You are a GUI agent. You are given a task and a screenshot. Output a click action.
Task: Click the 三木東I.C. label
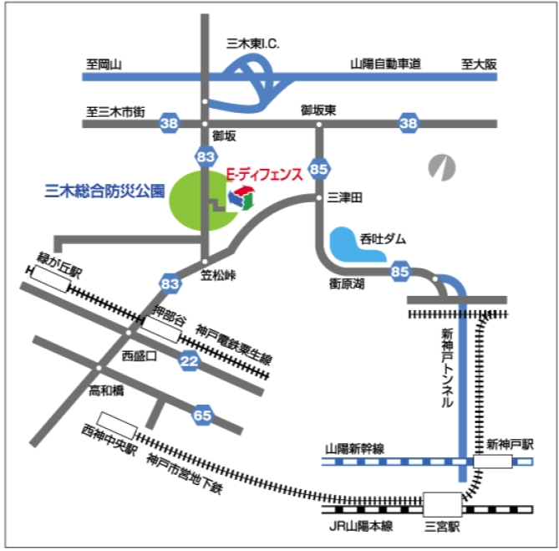tap(255, 42)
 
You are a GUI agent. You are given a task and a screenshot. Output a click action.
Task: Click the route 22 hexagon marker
tap(189, 360)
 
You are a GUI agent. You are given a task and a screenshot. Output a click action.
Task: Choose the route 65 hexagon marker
tap(202, 414)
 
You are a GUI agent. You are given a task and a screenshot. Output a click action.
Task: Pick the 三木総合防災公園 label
tap(104, 191)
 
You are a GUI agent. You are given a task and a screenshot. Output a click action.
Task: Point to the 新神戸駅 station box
tap(492, 462)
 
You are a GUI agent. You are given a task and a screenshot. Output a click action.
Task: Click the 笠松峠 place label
tap(220, 274)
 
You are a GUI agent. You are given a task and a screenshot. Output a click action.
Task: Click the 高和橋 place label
tap(106, 390)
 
